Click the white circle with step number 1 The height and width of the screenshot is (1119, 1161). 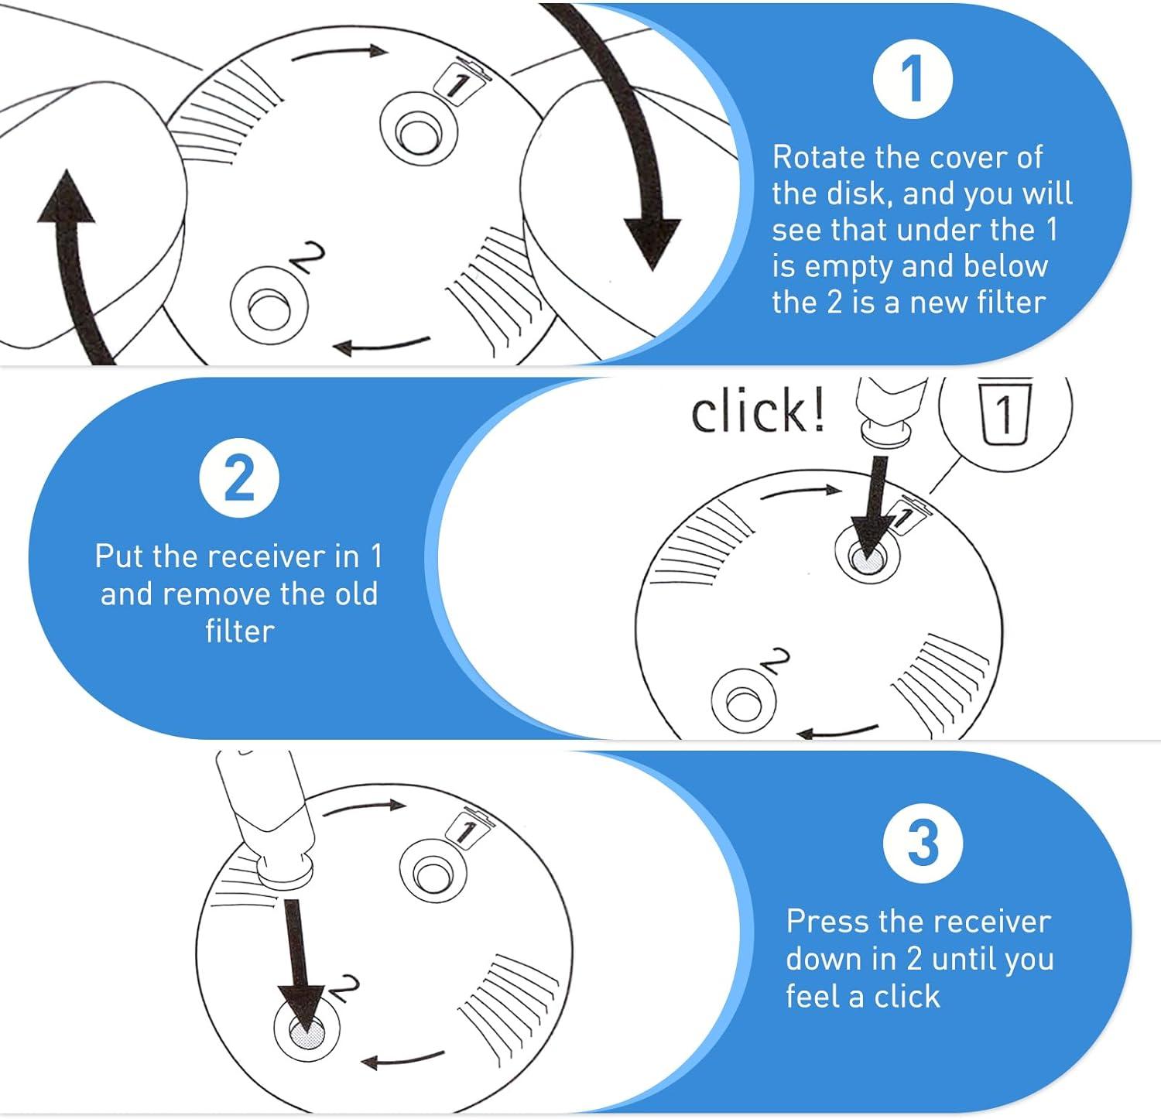click(912, 77)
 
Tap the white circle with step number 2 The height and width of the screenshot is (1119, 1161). click(239, 478)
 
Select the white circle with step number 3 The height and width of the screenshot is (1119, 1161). click(923, 842)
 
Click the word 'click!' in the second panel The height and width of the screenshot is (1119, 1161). click(758, 412)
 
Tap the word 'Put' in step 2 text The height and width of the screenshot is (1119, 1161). click(121, 556)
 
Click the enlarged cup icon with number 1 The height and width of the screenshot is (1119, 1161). click(1005, 415)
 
